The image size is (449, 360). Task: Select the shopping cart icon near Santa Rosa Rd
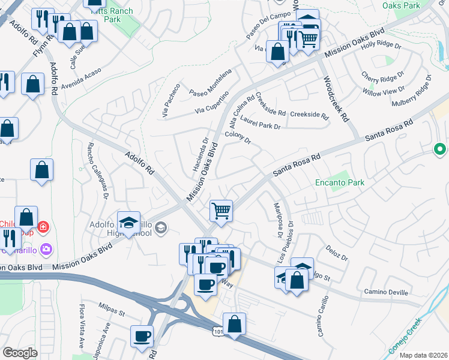point(221,211)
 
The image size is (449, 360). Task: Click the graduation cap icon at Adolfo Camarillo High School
point(128,223)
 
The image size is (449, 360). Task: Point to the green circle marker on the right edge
point(440,149)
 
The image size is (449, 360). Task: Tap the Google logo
point(20,353)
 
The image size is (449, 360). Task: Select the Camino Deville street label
point(385,292)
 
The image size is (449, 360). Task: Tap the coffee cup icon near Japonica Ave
point(143,337)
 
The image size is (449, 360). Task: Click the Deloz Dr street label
point(337,253)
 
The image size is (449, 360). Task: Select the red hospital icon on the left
point(43,227)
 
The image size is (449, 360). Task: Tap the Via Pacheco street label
point(170,100)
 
